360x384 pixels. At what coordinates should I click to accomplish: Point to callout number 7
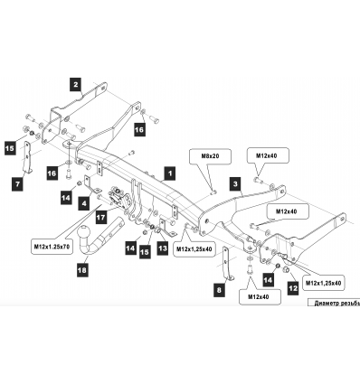tap(17, 183)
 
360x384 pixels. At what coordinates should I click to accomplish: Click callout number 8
tap(218, 290)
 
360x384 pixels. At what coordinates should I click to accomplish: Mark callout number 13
tap(163, 247)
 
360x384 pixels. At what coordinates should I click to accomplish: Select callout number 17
tap(100, 218)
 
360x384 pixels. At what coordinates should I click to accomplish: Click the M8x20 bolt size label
tap(210, 156)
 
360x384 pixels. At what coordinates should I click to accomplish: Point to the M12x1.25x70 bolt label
tap(51, 245)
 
